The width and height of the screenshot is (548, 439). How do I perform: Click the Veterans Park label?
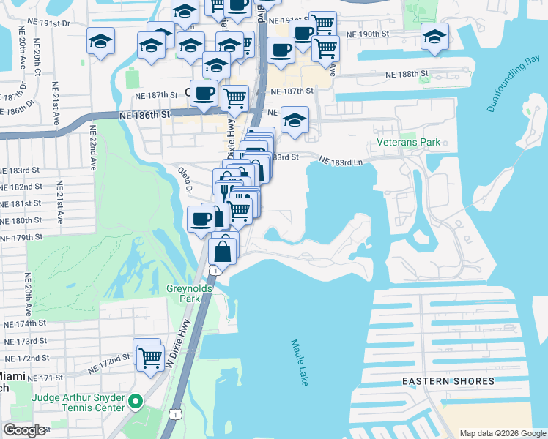point(409,142)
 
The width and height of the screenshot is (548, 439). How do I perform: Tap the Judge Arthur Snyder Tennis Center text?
point(77,402)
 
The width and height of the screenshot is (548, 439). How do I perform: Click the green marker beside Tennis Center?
point(135,402)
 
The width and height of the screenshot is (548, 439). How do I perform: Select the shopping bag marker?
point(223,250)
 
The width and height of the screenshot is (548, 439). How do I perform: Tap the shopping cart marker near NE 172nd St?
point(150,359)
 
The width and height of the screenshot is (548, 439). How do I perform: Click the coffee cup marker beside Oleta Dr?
point(201,218)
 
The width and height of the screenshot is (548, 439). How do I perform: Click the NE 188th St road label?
point(406,75)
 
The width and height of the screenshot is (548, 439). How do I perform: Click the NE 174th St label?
point(26,323)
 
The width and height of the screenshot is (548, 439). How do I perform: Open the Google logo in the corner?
point(26,430)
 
